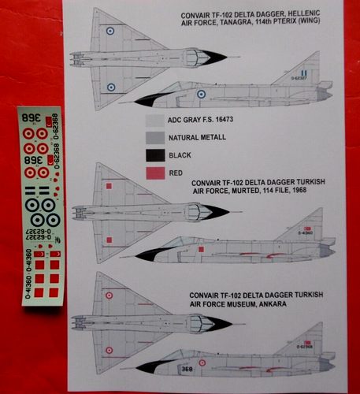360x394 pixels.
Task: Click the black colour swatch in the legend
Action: (156, 154)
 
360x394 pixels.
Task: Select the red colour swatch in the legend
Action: (156, 173)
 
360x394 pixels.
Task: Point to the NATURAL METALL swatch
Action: (156, 137)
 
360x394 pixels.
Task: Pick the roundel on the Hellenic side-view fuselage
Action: (202, 94)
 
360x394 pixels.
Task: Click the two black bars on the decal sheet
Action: (32, 191)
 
